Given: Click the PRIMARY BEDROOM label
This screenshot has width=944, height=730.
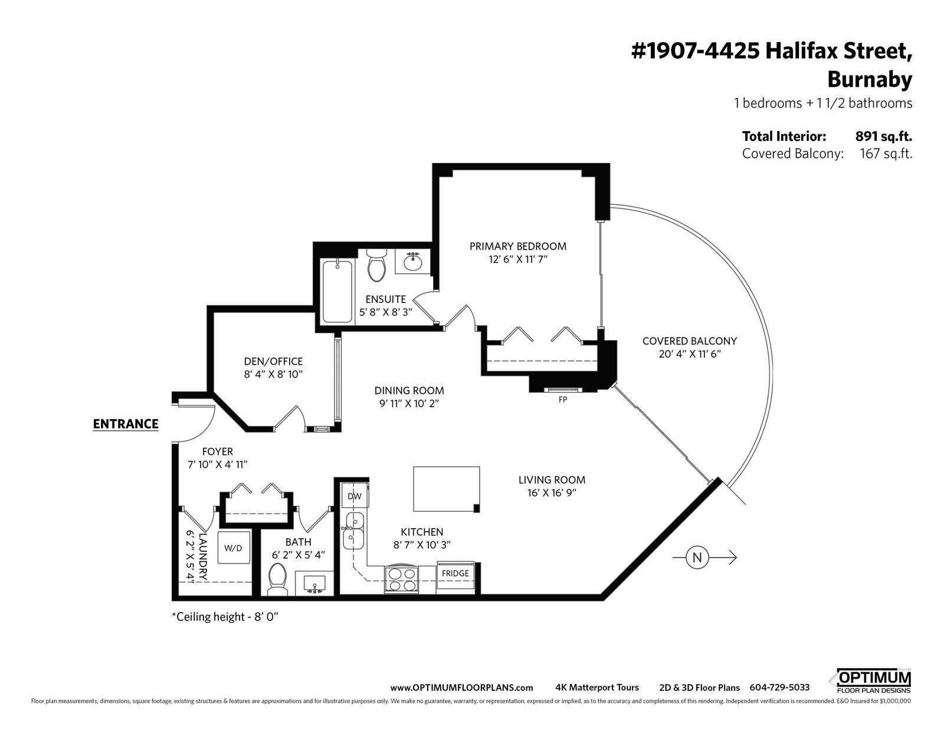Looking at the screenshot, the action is pos(518,246).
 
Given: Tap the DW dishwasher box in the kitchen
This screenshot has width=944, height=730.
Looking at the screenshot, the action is pos(355,495).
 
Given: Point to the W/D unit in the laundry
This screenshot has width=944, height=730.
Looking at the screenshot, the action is pos(233,548).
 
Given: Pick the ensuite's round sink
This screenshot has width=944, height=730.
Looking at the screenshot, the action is pos(413,261).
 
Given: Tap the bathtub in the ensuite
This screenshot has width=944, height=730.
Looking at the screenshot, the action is pos(337,292).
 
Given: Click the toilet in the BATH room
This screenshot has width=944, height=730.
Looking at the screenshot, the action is pos(277,580).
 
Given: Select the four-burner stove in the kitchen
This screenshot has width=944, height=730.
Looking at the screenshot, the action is pos(401,580).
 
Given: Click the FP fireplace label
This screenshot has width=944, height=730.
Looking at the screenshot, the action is pos(563,400).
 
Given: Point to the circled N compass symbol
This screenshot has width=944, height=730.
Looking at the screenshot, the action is pos(697,558).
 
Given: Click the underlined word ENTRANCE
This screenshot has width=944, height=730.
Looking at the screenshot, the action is pos(126,424).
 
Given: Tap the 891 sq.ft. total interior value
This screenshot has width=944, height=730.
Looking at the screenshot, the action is pos(884,136).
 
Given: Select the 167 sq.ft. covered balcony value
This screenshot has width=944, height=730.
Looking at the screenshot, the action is pos(886,153).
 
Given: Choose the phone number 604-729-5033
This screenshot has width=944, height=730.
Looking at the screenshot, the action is pos(779,688).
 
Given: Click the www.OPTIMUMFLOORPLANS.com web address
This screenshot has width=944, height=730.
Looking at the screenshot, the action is pos(461,688).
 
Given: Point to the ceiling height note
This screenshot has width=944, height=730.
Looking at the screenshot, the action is pos(225,617).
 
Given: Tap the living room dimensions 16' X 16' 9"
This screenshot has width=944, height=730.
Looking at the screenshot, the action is pos(552,493).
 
